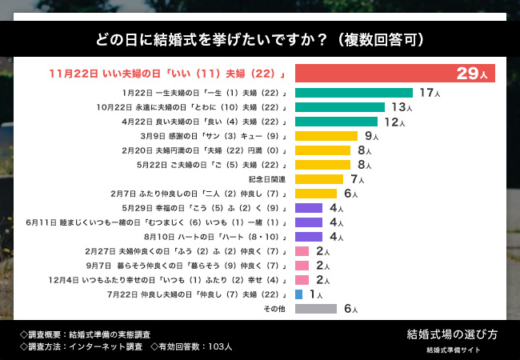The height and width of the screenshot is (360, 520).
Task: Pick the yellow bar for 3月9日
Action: (x=326, y=136)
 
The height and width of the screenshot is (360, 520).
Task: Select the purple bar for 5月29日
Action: (x=309, y=208)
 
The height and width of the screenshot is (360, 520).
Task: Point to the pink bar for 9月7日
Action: (x=302, y=266)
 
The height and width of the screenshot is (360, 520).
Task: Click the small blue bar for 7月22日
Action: (x=299, y=294)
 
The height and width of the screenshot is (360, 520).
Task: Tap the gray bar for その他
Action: (x=316, y=309)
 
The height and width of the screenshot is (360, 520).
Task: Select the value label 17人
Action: (x=430, y=94)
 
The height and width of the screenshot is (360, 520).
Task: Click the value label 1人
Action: (x=315, y=295)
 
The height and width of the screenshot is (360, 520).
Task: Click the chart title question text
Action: (x=259, y=39)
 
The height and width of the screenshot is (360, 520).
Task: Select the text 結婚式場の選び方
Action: (x=452, y=334)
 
